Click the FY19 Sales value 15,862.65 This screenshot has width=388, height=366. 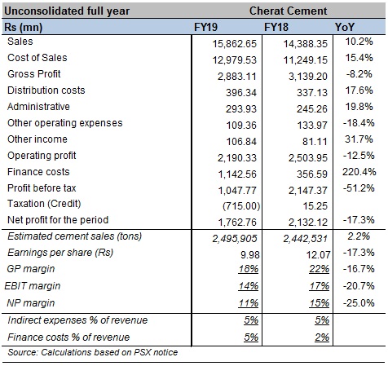click(x=234, y=44)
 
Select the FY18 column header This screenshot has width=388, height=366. click(x=276, y=27)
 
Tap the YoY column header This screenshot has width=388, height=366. click(x=345, y=27)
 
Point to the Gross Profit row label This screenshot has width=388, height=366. click(x=34, y=74)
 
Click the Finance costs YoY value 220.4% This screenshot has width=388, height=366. click(x=359, y=172)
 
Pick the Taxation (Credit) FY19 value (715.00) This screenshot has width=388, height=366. click(x=241, y=206)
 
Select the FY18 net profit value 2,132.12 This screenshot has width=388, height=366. click(x=308, y=223)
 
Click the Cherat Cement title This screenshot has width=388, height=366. click(x=288, y=11)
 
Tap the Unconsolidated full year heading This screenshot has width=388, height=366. click(x=67, y=11)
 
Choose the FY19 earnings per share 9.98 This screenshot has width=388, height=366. click(x=250, y=254)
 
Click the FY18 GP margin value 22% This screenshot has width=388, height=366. click(x=319, y=269)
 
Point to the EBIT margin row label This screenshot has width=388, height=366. click(x=33, y=286)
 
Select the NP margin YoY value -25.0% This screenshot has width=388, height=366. click(x=359, y=303)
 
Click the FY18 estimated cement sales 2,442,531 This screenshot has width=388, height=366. click(x=305, y=239)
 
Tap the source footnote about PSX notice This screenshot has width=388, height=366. click(x=93, y=352)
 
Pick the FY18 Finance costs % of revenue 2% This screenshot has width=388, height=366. click(x=322, y=337)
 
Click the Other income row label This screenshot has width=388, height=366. click(x=37, y=139)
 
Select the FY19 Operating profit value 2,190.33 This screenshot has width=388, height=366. click(x=237, y=158)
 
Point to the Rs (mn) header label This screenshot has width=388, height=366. click(x=24, y=27)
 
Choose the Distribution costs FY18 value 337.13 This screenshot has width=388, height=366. click(x=312, y=93)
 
